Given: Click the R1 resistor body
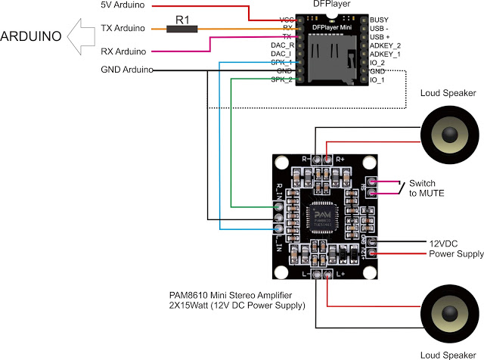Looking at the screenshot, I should [x=181, y=29].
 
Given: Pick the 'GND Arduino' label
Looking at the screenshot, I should [x=125, y=70].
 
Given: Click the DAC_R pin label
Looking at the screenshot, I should [x=281, y=45].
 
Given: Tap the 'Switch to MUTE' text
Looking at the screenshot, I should [x=427, y=189].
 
